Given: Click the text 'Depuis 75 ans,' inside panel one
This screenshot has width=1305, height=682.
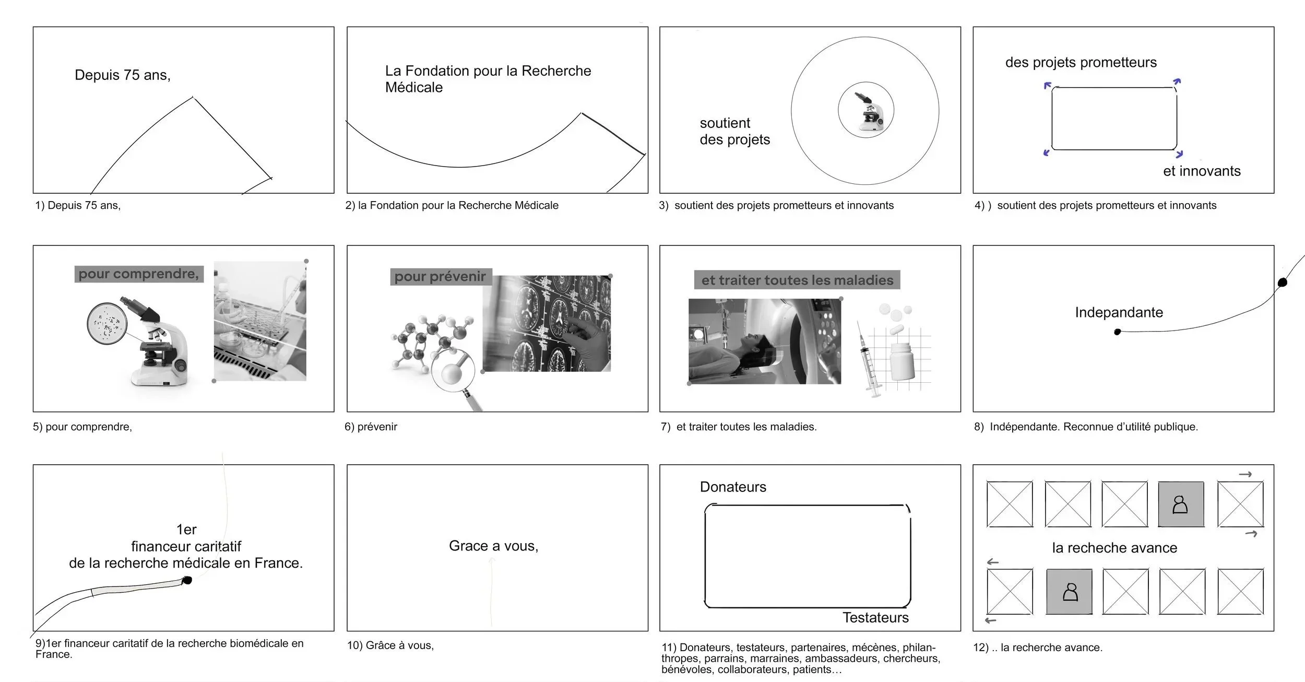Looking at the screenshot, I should [122, 75].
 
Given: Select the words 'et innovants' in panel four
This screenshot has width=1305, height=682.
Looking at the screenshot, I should [1201, 171].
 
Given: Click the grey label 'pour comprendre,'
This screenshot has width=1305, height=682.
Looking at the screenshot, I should [139, 274].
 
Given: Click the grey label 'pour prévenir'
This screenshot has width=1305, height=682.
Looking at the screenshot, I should [440, 277].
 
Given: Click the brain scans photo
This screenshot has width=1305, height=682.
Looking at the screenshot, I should [546, 324].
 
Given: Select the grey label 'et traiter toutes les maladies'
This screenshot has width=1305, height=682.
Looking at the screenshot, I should [797, 280].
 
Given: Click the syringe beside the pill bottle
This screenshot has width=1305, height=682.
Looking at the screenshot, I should [869, 360].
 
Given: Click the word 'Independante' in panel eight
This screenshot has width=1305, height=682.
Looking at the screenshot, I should [1119, 313].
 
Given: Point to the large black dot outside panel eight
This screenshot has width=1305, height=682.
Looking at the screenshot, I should [1282, 283].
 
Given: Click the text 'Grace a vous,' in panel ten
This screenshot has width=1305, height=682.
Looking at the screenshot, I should [493, 546].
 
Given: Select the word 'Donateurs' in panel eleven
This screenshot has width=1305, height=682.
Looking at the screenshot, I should [733, 487].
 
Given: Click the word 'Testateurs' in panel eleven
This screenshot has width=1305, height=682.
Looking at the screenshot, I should [875, 618].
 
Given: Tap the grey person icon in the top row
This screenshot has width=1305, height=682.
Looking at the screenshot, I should [1181, 504].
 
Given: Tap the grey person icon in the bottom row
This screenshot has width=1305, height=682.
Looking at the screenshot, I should [1069, 592].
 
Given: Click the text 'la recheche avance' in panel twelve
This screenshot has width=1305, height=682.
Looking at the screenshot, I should [1114, 548].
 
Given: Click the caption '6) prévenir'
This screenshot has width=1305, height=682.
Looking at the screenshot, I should [371, 427].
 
